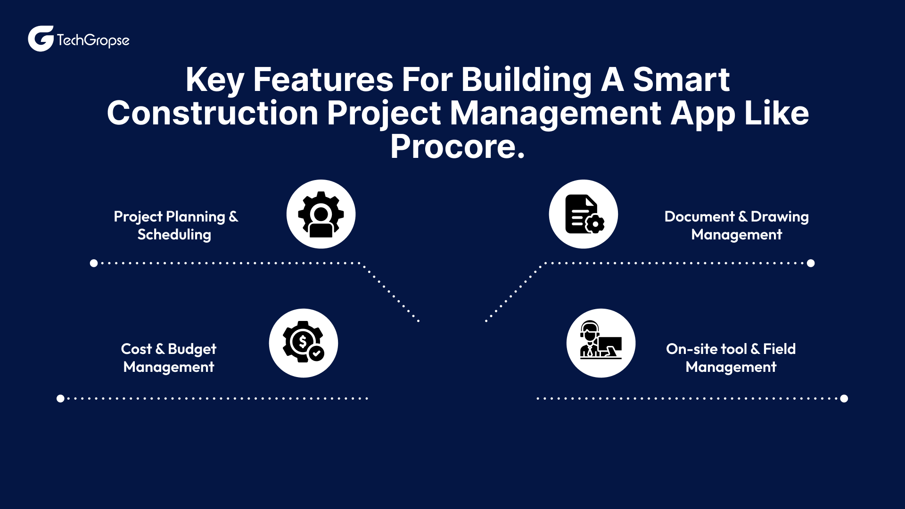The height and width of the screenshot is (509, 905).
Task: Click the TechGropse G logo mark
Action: pyautogui.click(x=41, y=39)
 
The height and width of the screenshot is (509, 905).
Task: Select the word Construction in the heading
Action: pyautogui.click(x=213, y=114)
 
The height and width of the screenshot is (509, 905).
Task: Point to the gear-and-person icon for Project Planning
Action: pyautogui.click(x=321, y=214)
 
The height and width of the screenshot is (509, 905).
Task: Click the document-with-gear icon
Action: pyautogui.click(x=584, y=214)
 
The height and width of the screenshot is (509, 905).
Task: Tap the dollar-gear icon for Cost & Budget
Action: pyautogui.click(x=303, y=343)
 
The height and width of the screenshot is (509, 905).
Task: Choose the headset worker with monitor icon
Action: pyautogui.click(x=601, y=343)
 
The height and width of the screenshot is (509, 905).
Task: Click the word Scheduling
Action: pyautogui.click(x=174, y=235)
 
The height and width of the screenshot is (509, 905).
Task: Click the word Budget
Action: pyautogui.click(x=192, y=349)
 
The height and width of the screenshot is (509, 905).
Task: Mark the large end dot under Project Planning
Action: pyautogui.click(x=94, y=263)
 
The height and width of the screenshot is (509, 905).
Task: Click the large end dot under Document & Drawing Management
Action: pyautogui.click(x=811, y=263)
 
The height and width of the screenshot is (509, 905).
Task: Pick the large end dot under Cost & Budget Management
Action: pyautogui.click(x=60, y=398)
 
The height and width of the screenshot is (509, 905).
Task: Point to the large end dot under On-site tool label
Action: pyautogui.click(x=844, y=398)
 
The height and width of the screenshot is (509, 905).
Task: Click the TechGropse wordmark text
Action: pyautogui.click(x=93, y=41)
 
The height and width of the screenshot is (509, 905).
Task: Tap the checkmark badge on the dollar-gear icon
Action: pyautogui.click(x=317, y=353)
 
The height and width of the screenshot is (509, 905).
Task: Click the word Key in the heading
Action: pyautogui.click(x=214, y=80)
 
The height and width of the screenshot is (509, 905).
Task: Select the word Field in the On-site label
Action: pyautogui.click(x=779, y=349)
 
